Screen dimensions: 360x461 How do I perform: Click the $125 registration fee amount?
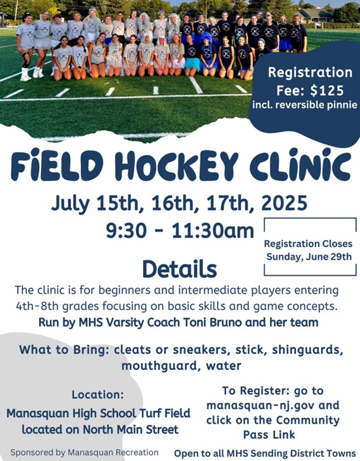327,90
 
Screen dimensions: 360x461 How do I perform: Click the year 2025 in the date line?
284,203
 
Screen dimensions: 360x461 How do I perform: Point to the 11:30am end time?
213,231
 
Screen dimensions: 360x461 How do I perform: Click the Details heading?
180,269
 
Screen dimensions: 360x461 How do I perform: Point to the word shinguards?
308,350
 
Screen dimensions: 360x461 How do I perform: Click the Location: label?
98,395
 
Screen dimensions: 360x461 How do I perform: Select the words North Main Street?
131,430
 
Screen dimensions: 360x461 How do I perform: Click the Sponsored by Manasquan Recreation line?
84,452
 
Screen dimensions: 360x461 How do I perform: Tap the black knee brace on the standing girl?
26,60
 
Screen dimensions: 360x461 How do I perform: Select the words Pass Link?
269,435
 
